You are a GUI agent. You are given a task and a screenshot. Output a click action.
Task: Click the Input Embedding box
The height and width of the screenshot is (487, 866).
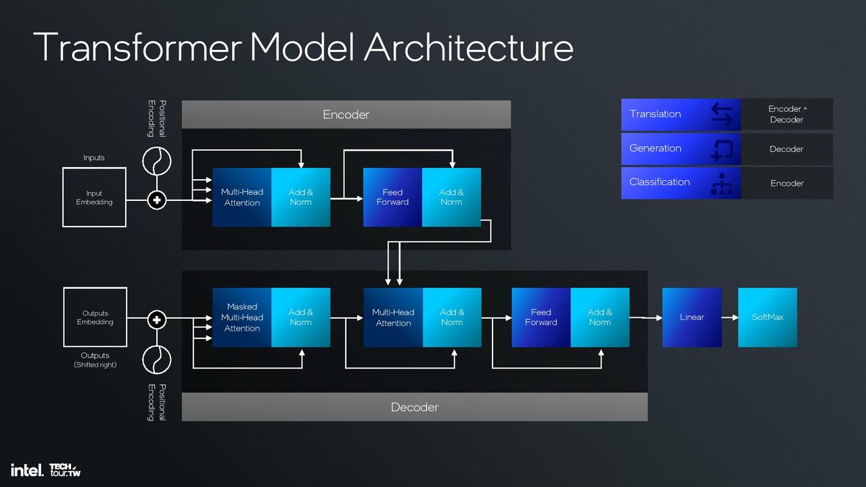click(94, 197)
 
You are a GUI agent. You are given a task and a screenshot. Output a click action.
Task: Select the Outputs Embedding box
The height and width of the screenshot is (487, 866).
click(95, 317)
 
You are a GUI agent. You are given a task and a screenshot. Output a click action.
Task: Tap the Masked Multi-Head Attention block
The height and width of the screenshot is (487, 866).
click(242, 317)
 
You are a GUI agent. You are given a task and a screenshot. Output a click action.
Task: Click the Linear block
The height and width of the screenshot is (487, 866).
click(692, 317)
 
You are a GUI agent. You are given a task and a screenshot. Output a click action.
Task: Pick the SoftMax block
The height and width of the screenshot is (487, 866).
click(767, 317)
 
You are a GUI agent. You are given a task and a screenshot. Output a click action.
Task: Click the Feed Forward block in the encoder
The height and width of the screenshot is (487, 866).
click(392, 197)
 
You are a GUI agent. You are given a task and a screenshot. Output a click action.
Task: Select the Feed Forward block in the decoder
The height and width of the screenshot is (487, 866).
click(541, 317)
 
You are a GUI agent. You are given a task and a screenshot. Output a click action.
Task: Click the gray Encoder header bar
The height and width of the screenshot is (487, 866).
click(346, 114)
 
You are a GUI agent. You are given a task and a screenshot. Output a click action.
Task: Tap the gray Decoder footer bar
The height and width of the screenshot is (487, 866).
click(415, 407)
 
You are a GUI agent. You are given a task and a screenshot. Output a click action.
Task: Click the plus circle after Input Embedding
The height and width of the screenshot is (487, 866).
click(157, 200)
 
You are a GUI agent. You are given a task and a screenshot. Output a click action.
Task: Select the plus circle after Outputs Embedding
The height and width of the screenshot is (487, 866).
click(157, 320)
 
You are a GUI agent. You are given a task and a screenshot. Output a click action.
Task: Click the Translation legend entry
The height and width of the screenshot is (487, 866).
click(681, 114)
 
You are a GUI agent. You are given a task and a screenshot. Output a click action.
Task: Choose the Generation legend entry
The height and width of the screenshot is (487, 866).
click(681, 149)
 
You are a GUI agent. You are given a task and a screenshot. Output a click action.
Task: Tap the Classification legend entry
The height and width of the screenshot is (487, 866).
click(681, 183)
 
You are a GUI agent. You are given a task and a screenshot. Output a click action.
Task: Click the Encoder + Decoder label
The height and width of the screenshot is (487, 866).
click(787, 114)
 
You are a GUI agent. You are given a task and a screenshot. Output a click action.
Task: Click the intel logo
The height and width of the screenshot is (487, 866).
click(27, 470)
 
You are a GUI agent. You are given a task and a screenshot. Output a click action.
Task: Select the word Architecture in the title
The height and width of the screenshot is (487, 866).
click(468, 47)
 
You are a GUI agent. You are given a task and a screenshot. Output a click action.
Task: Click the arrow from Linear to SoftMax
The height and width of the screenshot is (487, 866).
click(730, 317)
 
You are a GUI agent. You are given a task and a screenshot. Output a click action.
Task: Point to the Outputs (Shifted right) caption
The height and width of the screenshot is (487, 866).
click(95, 360)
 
